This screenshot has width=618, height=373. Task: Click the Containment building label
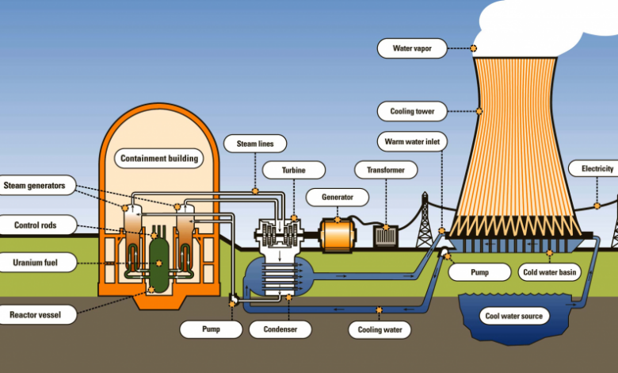tap(158, 158)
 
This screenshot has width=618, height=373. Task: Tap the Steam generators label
tap(35, 186)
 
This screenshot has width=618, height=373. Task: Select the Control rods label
tap(36, 225)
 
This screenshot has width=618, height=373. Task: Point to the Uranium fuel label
tap(36, 263)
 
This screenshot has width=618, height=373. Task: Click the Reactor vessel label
tap(36, 314)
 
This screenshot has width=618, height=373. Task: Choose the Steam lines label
tap(255, 144)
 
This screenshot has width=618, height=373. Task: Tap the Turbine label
tap(294, 170)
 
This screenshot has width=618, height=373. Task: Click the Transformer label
tap(386, 170)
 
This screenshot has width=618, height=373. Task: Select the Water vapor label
tap(412, 48)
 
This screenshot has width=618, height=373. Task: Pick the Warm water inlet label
tap(412, 141)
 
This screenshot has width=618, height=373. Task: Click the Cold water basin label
tap(549, 272)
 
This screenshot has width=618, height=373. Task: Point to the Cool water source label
tap(514, 316)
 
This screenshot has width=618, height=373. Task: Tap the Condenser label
tap(280, 329)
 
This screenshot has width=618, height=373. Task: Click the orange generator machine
tap(338, 236)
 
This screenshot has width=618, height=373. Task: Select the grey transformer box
tap(386, 236)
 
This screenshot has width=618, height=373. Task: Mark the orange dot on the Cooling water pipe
tap(380, 310)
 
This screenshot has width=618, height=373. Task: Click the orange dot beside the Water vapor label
tap(473, 48)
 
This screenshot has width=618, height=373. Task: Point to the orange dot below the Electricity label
tap(597, 206)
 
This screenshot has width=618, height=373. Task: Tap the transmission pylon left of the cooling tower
tap(425, 221)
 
